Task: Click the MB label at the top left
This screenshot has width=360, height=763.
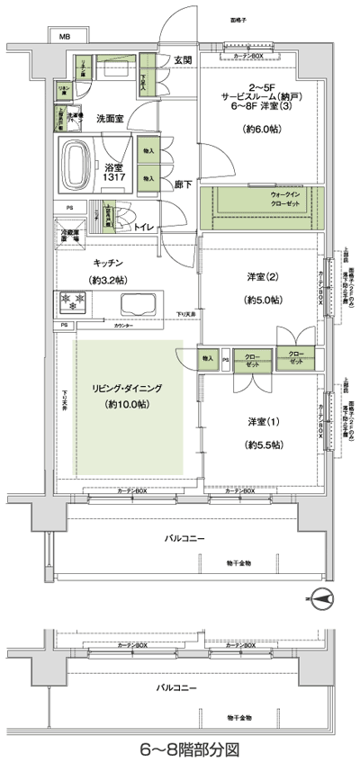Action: [65, 38]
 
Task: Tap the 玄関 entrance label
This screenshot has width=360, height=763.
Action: [183, 59]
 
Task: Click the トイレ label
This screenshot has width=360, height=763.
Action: [143, 228]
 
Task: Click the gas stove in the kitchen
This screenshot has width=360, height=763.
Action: [70, 300]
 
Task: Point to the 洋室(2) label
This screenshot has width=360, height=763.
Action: [262, 276]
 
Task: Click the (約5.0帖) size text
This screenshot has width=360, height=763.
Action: [262, 301]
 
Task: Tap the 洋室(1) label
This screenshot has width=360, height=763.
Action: [262, 421]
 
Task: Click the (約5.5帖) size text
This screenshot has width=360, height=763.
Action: [262, 444]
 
